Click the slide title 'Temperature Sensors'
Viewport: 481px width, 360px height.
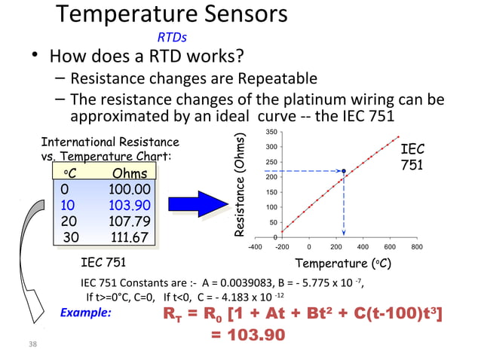tap(172, 14)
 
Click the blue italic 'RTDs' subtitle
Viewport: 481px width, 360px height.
tap(172, 38)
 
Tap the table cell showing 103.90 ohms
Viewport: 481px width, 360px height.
tap(129, 206)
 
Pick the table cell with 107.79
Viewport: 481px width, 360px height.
tap(129, 221)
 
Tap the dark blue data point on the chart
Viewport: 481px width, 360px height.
tap(344, 171)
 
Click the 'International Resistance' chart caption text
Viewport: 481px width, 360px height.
tap(109, 142)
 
